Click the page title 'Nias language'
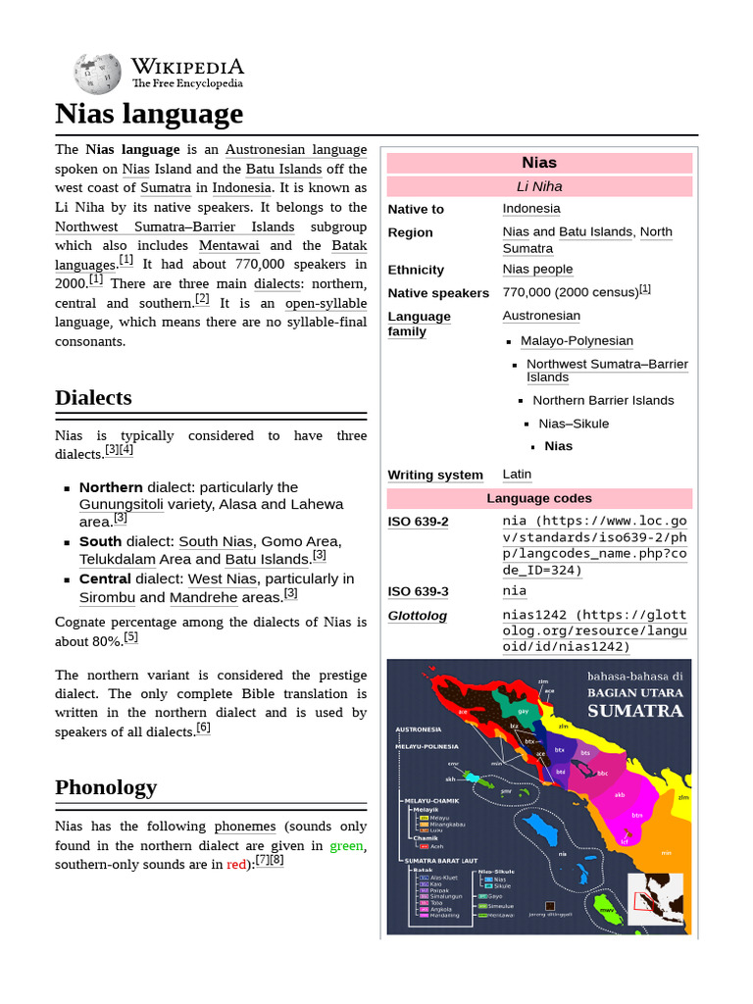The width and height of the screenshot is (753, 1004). pos(149,115)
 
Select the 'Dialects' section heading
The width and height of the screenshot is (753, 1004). pos(93,398)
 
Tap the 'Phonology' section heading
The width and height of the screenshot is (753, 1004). pos(106,787)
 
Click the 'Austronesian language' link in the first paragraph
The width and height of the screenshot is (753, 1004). pos(296,150)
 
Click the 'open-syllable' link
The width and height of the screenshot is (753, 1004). pos(326,303)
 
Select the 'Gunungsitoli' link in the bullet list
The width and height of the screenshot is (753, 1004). pos(121,505)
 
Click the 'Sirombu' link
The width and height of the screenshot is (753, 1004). pos(107,597)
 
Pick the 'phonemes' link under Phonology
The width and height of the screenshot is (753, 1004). pos(245,827)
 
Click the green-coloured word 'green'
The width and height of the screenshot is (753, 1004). pos(346,845)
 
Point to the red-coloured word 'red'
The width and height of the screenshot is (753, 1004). pos(236,865)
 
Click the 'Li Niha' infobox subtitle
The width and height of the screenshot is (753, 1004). pos(539,186)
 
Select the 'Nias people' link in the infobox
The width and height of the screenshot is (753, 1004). pos(537,270)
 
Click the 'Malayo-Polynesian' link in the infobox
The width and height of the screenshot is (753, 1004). pos(577,341)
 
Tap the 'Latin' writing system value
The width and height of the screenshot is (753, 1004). pos(517,475)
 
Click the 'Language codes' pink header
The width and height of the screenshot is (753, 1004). pos(539,498)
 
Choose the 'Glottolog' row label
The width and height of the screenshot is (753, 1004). pos(417,616)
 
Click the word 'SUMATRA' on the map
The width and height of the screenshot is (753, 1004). pos(634,710)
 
